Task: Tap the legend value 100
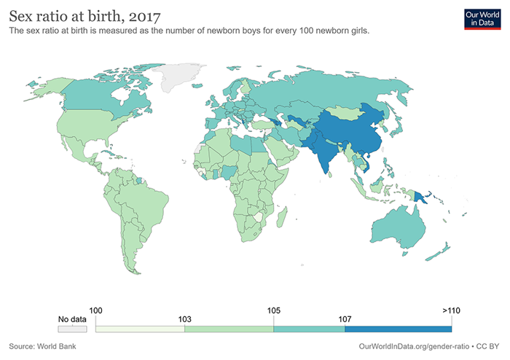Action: (97, 310)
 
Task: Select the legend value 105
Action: (273, 310)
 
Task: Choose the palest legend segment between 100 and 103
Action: (141, 328)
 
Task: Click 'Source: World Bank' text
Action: (43, 345)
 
